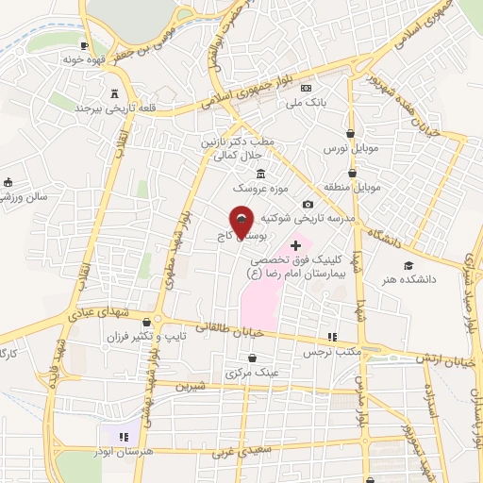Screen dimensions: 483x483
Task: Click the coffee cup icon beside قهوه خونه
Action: (85, 46)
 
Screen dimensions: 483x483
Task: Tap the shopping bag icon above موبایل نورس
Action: (351, 134)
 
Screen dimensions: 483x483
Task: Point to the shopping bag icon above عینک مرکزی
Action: (253, 358)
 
